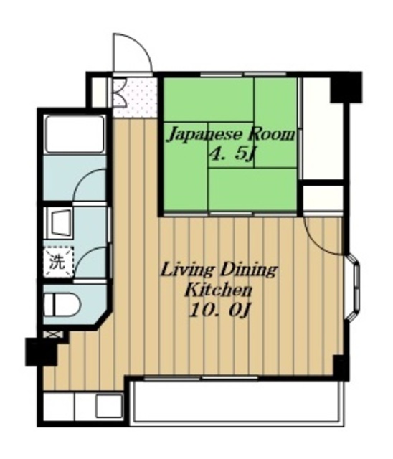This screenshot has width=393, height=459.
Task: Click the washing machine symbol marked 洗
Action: click(x=59, y=262)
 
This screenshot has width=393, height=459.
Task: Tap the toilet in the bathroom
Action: click(x=62, y=305)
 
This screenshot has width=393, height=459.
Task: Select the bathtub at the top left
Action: click(x=75, y=134)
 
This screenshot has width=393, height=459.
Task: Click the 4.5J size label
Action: click(x=232, y=154)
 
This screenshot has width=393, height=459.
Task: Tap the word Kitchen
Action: click(x=219, y=290)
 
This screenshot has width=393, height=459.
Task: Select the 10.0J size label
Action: click(x=219, y=310)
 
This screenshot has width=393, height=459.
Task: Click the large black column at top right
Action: click(x=346, y=87)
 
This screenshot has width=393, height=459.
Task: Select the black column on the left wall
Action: click(x=41, y=351)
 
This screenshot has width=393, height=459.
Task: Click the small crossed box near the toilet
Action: click(x=52, y=333)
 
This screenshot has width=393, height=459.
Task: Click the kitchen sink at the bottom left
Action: click(x=109, y=406)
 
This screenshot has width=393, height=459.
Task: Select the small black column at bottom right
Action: click(x=341, y=367)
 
